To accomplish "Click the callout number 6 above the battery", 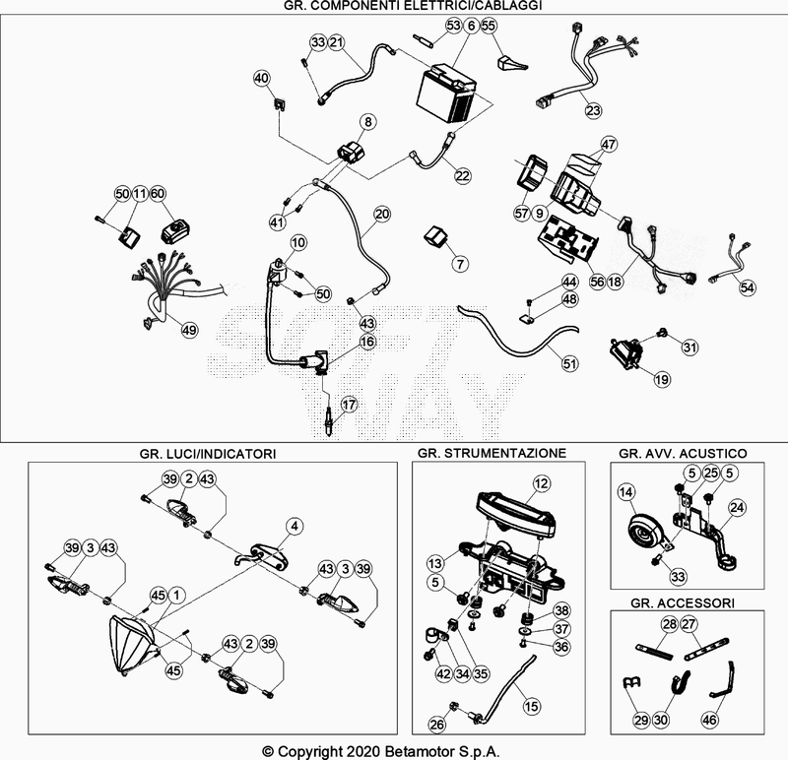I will (x=471, y=26).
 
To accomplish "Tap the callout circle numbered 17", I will (x=348, y=405).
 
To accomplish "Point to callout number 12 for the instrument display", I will (x=541, y=483).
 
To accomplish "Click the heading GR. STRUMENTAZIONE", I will (x=492, y=453).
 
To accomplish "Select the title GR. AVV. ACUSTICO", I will (x=682, y=453).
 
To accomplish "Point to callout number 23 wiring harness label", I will (x=593, y=110).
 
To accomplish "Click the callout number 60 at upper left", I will (x=158, y=193).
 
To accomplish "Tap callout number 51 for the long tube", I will (x=568, y=363).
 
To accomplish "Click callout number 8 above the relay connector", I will (x=368, y=122).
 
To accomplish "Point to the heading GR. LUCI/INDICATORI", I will (x=208, y=453).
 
